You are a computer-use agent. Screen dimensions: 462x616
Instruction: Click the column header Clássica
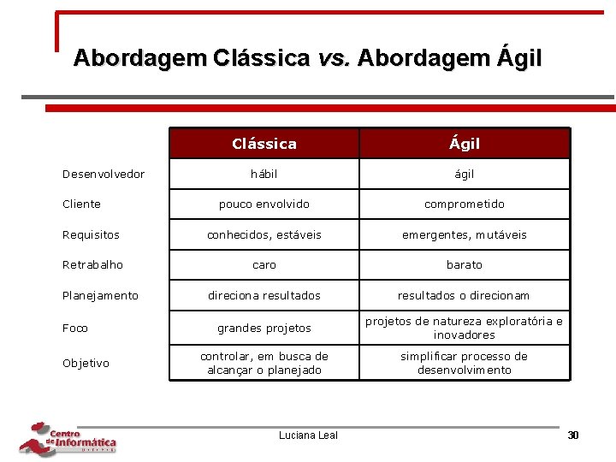click(264, 144)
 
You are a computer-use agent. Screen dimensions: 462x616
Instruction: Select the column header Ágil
click(465, 144)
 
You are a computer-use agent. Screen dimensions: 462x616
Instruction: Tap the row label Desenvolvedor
click(104, 175)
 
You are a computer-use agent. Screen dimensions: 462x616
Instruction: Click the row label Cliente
click(81, 204)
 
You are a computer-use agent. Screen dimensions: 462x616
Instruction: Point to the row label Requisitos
click(91, 234)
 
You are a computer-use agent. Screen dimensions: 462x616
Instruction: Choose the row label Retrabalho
click(92, 265)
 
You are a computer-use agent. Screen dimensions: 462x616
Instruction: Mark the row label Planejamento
click(100, 296)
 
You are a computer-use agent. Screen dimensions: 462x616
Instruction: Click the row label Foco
click(75, 329)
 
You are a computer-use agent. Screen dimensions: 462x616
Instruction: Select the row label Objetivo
click(86, 364)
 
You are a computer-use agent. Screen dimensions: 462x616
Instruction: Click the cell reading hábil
click(264, 175)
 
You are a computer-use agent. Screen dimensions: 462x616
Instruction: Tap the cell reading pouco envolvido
click(264, 204)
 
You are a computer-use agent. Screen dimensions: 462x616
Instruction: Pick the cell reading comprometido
click(465, 204)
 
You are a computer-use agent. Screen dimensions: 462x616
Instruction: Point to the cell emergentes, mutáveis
click(465, 234)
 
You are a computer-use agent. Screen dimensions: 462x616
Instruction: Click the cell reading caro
click(264, 265)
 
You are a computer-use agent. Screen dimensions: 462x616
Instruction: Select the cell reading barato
click(465, 265)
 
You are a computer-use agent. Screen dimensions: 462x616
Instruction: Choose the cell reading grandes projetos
click(264, 329)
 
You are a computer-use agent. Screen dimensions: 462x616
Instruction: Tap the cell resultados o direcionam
click(465, 296)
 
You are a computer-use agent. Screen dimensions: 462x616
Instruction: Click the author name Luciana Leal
click(308, 435)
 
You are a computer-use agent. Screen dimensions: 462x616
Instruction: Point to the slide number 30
click(573, 435)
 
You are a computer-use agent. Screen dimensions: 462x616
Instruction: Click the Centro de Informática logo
click(68, 438)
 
